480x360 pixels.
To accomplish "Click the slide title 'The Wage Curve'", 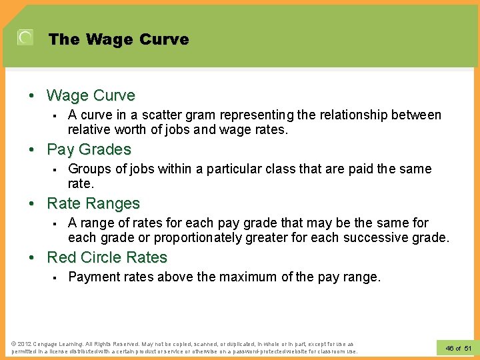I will point(119,39).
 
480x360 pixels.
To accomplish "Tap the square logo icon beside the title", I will point(25,38).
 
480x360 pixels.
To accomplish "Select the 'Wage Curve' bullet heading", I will point(91,95).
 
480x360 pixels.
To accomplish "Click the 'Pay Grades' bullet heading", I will point(89,149).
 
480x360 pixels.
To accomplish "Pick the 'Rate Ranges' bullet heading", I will point(93,203).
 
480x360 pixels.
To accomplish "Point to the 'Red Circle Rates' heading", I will point(107,257).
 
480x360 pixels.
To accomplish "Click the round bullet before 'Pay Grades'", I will point(31,150).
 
